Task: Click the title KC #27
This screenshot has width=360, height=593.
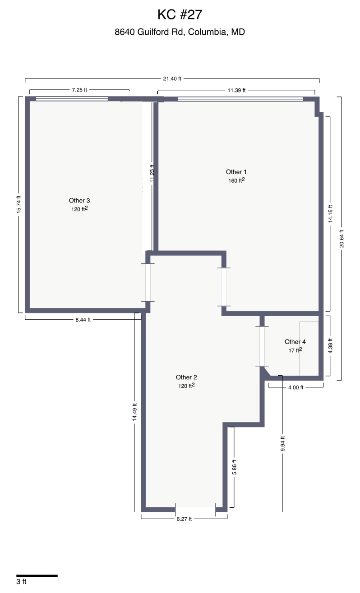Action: tap(180, 15)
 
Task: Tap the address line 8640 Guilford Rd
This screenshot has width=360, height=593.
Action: tap(180, 32)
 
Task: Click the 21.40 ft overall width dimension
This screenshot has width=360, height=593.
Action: tap(172, 78)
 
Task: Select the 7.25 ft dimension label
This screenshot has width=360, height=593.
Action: tap(79, 90)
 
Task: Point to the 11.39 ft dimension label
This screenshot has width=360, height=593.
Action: tap(236, 90)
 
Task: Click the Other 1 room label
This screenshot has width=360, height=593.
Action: tap(236, 172)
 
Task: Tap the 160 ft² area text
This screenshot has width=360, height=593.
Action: tap(236, 180)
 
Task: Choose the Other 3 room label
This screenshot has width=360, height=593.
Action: tap(79, 201)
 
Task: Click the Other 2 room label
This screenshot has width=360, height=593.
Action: tap(186, 377)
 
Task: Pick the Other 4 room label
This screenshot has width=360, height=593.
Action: tap(295, 342)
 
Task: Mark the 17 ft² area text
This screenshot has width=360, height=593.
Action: tap(295, 350)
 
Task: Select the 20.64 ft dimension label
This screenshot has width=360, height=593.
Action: tap(342, 238)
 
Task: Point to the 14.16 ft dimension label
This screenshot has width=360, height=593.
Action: tap(330, 214)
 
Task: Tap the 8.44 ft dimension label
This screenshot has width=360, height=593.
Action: tap(83, 320)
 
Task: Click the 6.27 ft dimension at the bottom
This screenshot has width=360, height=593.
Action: tap(184, 519)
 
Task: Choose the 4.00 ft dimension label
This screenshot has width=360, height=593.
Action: tap(295, 387)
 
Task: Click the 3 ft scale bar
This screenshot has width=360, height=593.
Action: tap(37, 576)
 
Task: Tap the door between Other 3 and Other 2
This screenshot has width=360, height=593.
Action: tap(148, 282)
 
